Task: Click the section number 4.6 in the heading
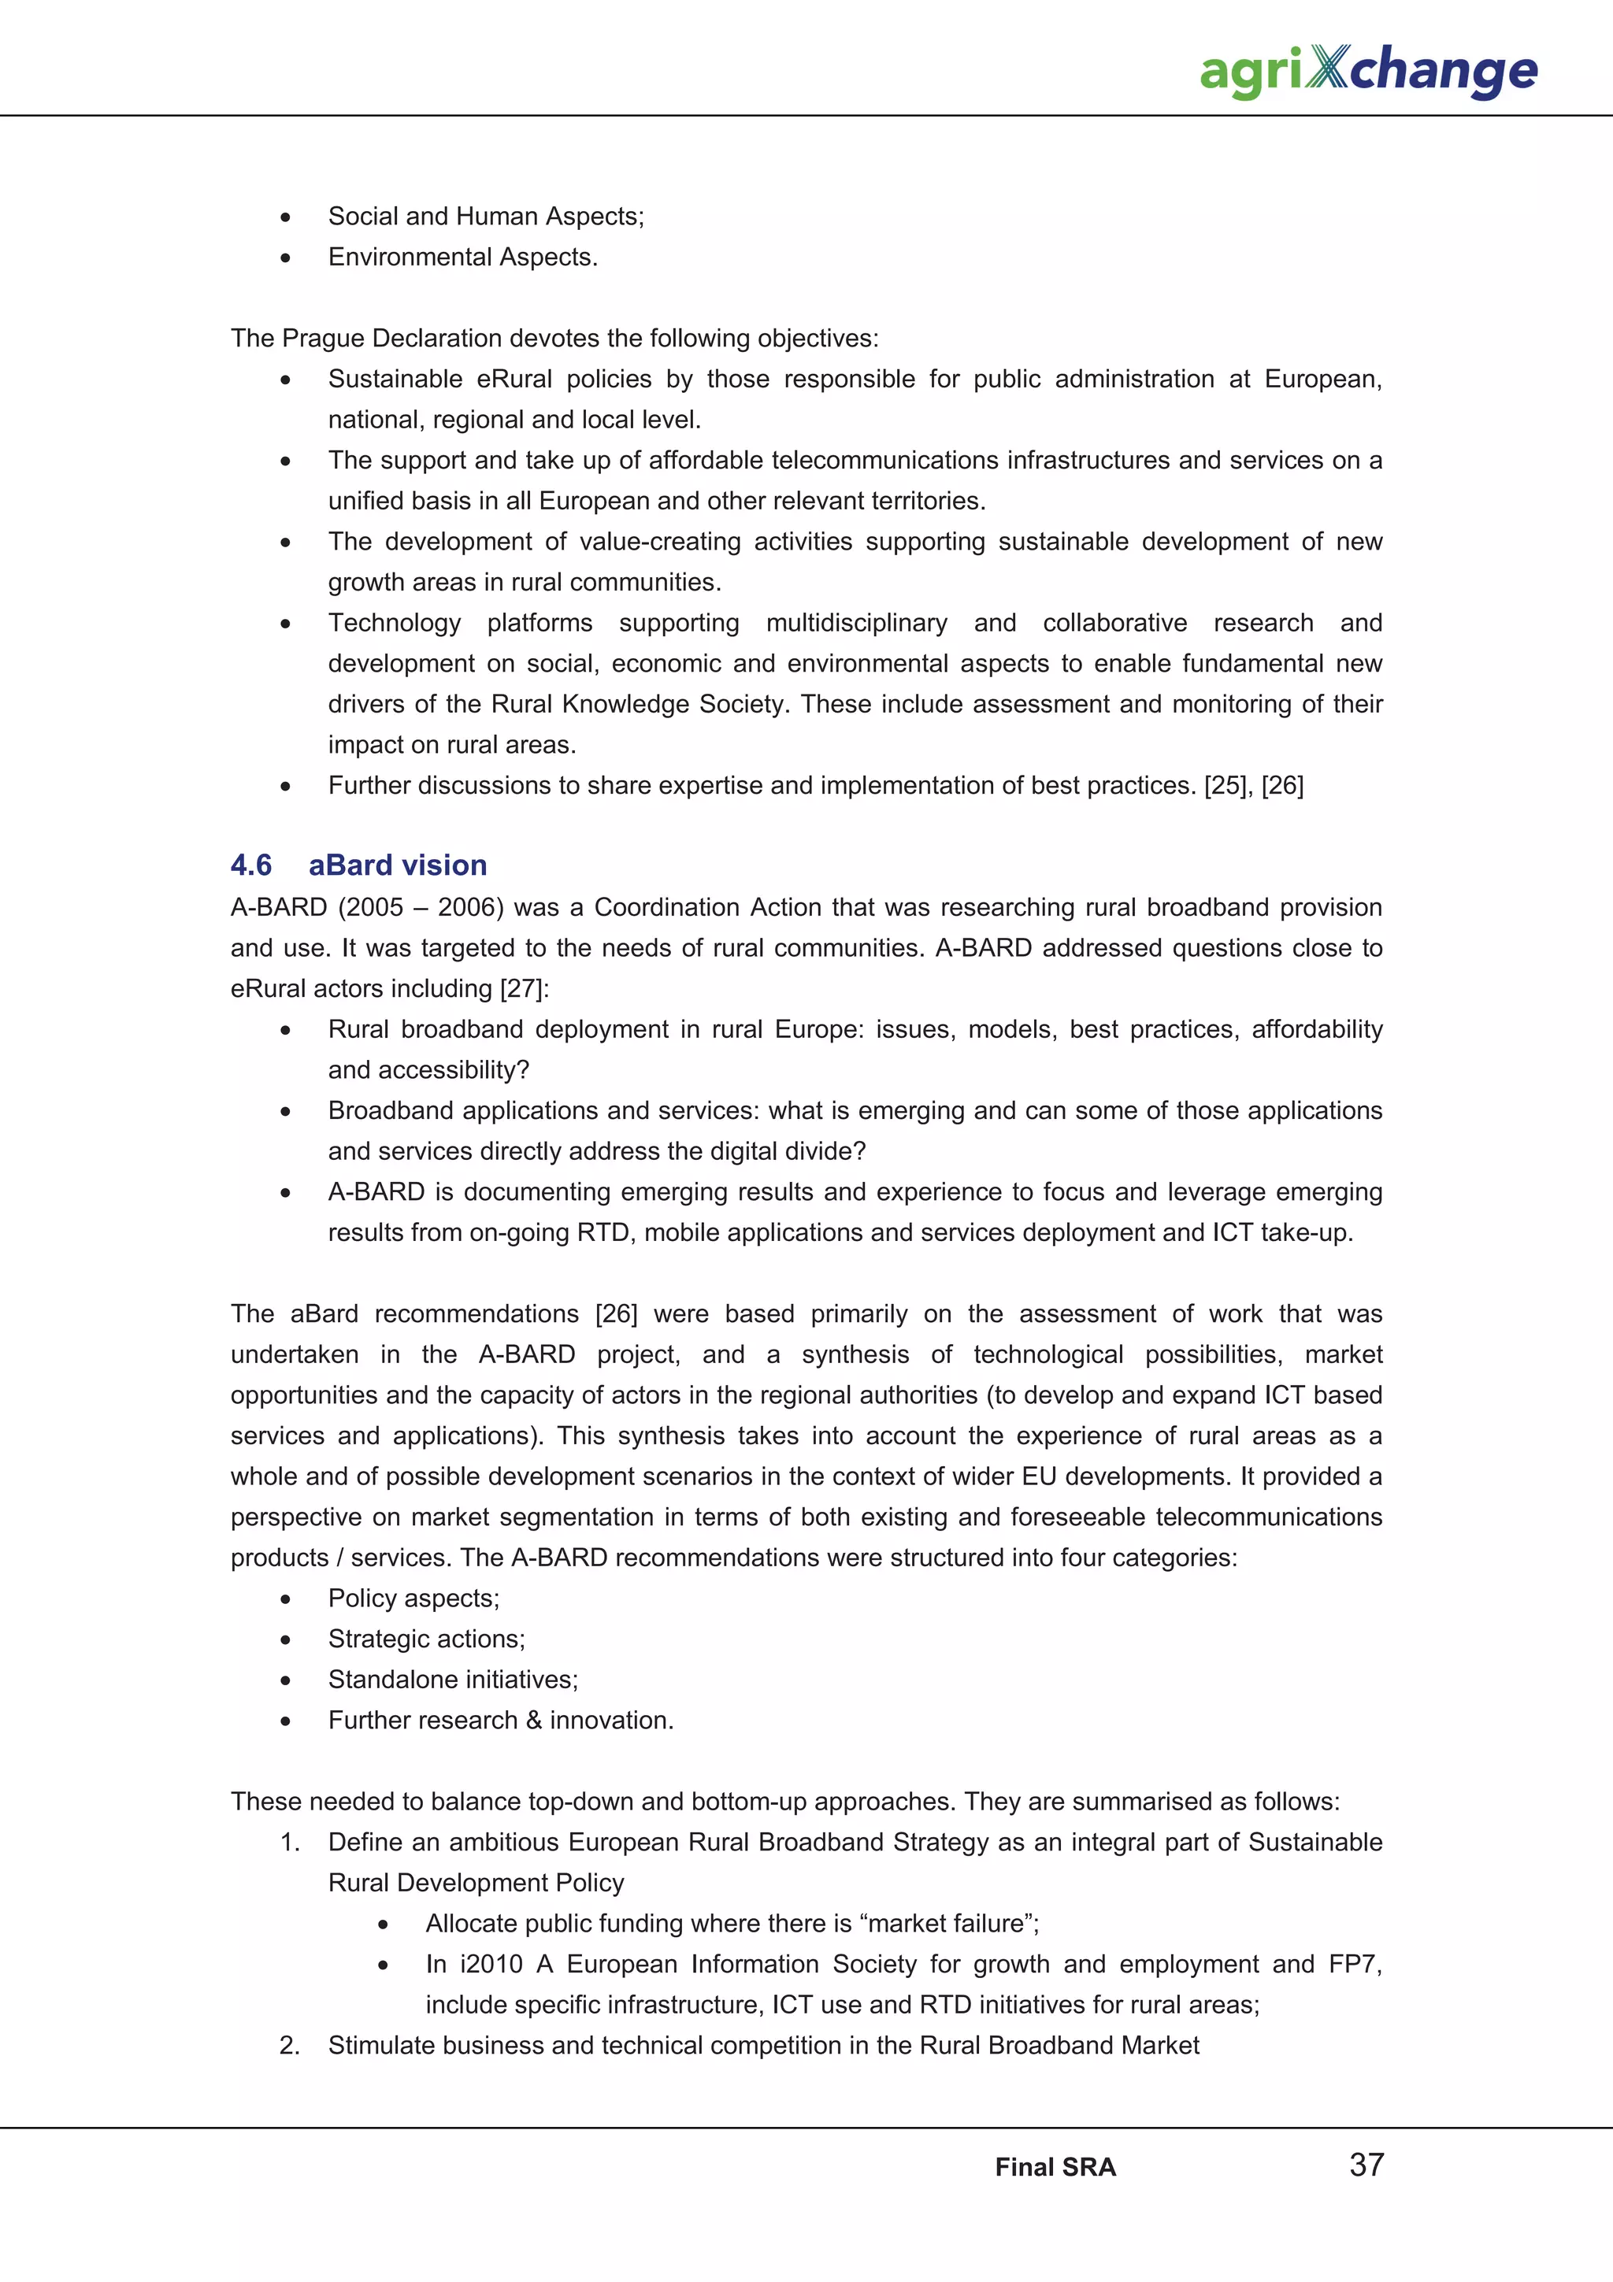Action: [251, 865]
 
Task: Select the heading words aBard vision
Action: [398, 865]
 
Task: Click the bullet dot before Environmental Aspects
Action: [285, 258]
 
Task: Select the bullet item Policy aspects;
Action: [413, 1599]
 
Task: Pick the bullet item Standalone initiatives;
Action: [453, 1680]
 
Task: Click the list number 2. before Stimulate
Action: [289, 2047]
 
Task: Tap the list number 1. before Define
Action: [289, 1843]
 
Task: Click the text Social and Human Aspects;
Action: [486, 217]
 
